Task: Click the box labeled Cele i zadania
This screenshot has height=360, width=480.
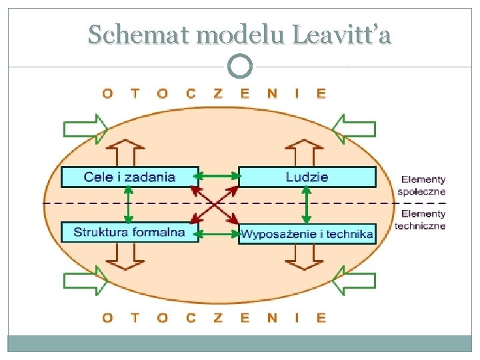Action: click(x=130, y=177)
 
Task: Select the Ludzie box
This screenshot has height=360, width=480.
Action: click(x=307, y=177)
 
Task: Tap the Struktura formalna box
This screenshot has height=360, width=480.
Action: click(x=130, y=232)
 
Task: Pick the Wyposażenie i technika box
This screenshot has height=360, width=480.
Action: click(x=307, y=233)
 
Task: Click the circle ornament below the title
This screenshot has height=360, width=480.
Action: click(x=240, y=66)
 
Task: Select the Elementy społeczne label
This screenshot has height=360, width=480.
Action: click(x=423, y=185)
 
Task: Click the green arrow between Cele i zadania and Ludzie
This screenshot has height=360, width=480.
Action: click(x=218, y=177)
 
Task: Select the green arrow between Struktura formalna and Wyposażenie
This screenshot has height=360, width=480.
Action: click(x=218, y=233)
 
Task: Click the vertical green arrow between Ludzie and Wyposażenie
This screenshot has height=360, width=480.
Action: click(x=306, y=205)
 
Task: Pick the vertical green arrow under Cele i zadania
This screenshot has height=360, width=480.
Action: click(x=129, y=205)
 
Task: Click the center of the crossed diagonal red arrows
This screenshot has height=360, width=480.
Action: click(x=215, y=204)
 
